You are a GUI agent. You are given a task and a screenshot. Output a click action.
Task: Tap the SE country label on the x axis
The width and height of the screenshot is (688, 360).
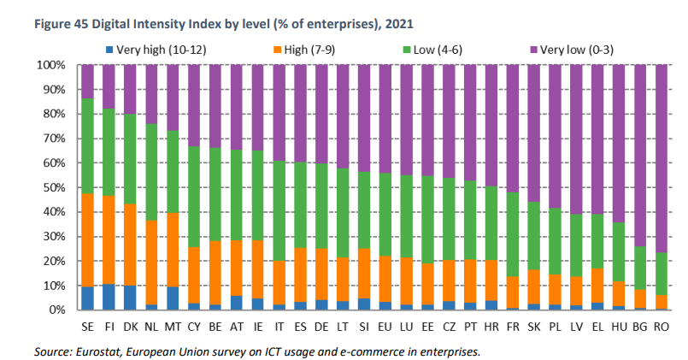(x=88, y=327)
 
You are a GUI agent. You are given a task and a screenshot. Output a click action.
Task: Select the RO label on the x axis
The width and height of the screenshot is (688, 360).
(x=662, y=327)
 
